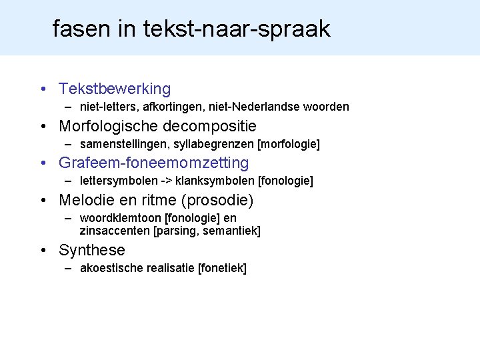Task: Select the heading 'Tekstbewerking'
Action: click(115, 89)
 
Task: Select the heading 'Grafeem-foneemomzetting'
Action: click(153, 163)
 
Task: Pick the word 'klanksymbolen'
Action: click(209, 181)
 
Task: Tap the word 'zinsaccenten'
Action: click(115, 231)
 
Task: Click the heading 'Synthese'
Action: click(92, 250)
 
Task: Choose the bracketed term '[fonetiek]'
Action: click(222, 268)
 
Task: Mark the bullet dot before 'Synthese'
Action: click(43, 251)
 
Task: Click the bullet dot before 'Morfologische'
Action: click(43, 127)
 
